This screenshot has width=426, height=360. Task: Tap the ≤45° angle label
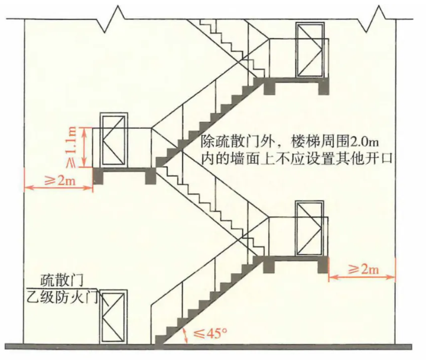210,333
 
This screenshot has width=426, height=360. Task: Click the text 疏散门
61,281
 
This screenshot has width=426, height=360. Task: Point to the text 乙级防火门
62,297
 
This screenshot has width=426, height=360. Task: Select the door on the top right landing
310,50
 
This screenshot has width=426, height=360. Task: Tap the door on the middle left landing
114,140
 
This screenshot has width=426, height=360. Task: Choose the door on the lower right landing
310,229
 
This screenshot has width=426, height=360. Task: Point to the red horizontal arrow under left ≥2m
58,187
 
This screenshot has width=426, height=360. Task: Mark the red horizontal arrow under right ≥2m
362,277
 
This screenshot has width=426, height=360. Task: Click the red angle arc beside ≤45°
186,336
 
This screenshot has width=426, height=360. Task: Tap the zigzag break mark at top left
112,20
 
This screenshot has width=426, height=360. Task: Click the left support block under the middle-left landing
98,176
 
